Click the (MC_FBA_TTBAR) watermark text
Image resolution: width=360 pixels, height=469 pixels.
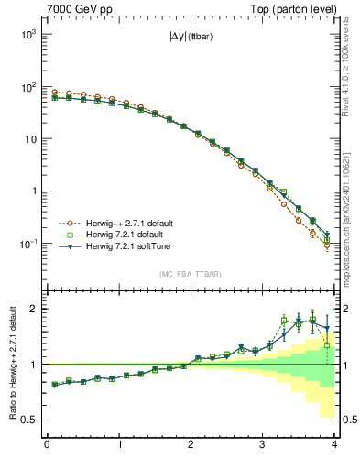click(x=191, y=274)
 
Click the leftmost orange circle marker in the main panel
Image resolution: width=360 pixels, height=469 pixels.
click(x=54, y=92)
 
